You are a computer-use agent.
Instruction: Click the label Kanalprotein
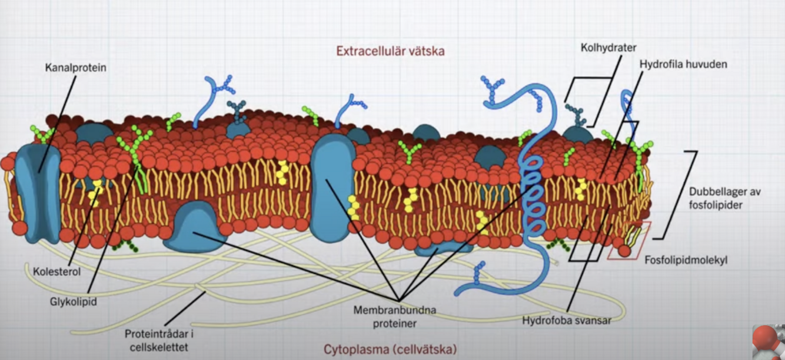pyautogui.click(x=75, y=68)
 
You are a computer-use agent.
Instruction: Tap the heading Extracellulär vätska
pyautogui.click(x=390, y=51)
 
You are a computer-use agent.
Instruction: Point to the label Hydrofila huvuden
pyautogui.click(x=683, y=64)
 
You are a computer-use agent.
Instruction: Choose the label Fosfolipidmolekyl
pyautogui.click(x=686, y=259)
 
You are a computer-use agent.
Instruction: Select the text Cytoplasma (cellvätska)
pyautogui.click(x=390, y=349)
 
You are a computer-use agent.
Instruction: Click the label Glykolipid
pyautogui.click(x=73, y=301)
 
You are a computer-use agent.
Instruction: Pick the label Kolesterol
pyautogui.click(x=56, y=272)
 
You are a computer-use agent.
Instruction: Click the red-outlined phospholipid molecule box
pyautogui.click(x=628, y=241)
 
